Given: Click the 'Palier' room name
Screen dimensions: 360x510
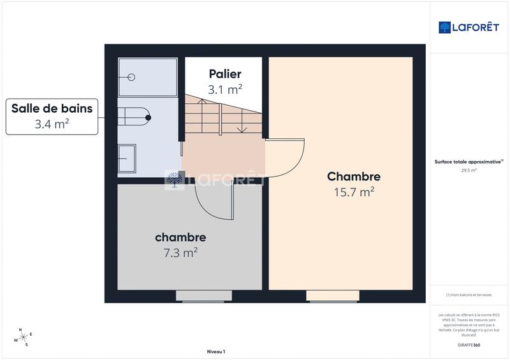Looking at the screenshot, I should point(225,75).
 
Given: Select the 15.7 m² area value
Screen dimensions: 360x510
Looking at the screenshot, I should point(354,192).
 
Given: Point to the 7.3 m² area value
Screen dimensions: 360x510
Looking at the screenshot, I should point(180,253).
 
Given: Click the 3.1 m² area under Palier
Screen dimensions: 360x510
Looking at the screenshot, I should point(225,90).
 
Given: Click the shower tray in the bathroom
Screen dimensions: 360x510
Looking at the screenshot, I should point(147,77).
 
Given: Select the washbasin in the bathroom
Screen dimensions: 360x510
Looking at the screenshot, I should point(127,157).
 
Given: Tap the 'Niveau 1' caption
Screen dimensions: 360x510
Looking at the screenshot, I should point(216,352).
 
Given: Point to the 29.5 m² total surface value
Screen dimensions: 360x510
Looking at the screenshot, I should point(469,170).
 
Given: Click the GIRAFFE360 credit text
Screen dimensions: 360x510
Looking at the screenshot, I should point(469,345).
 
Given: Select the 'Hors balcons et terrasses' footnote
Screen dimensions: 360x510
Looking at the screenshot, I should point(469,294).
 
